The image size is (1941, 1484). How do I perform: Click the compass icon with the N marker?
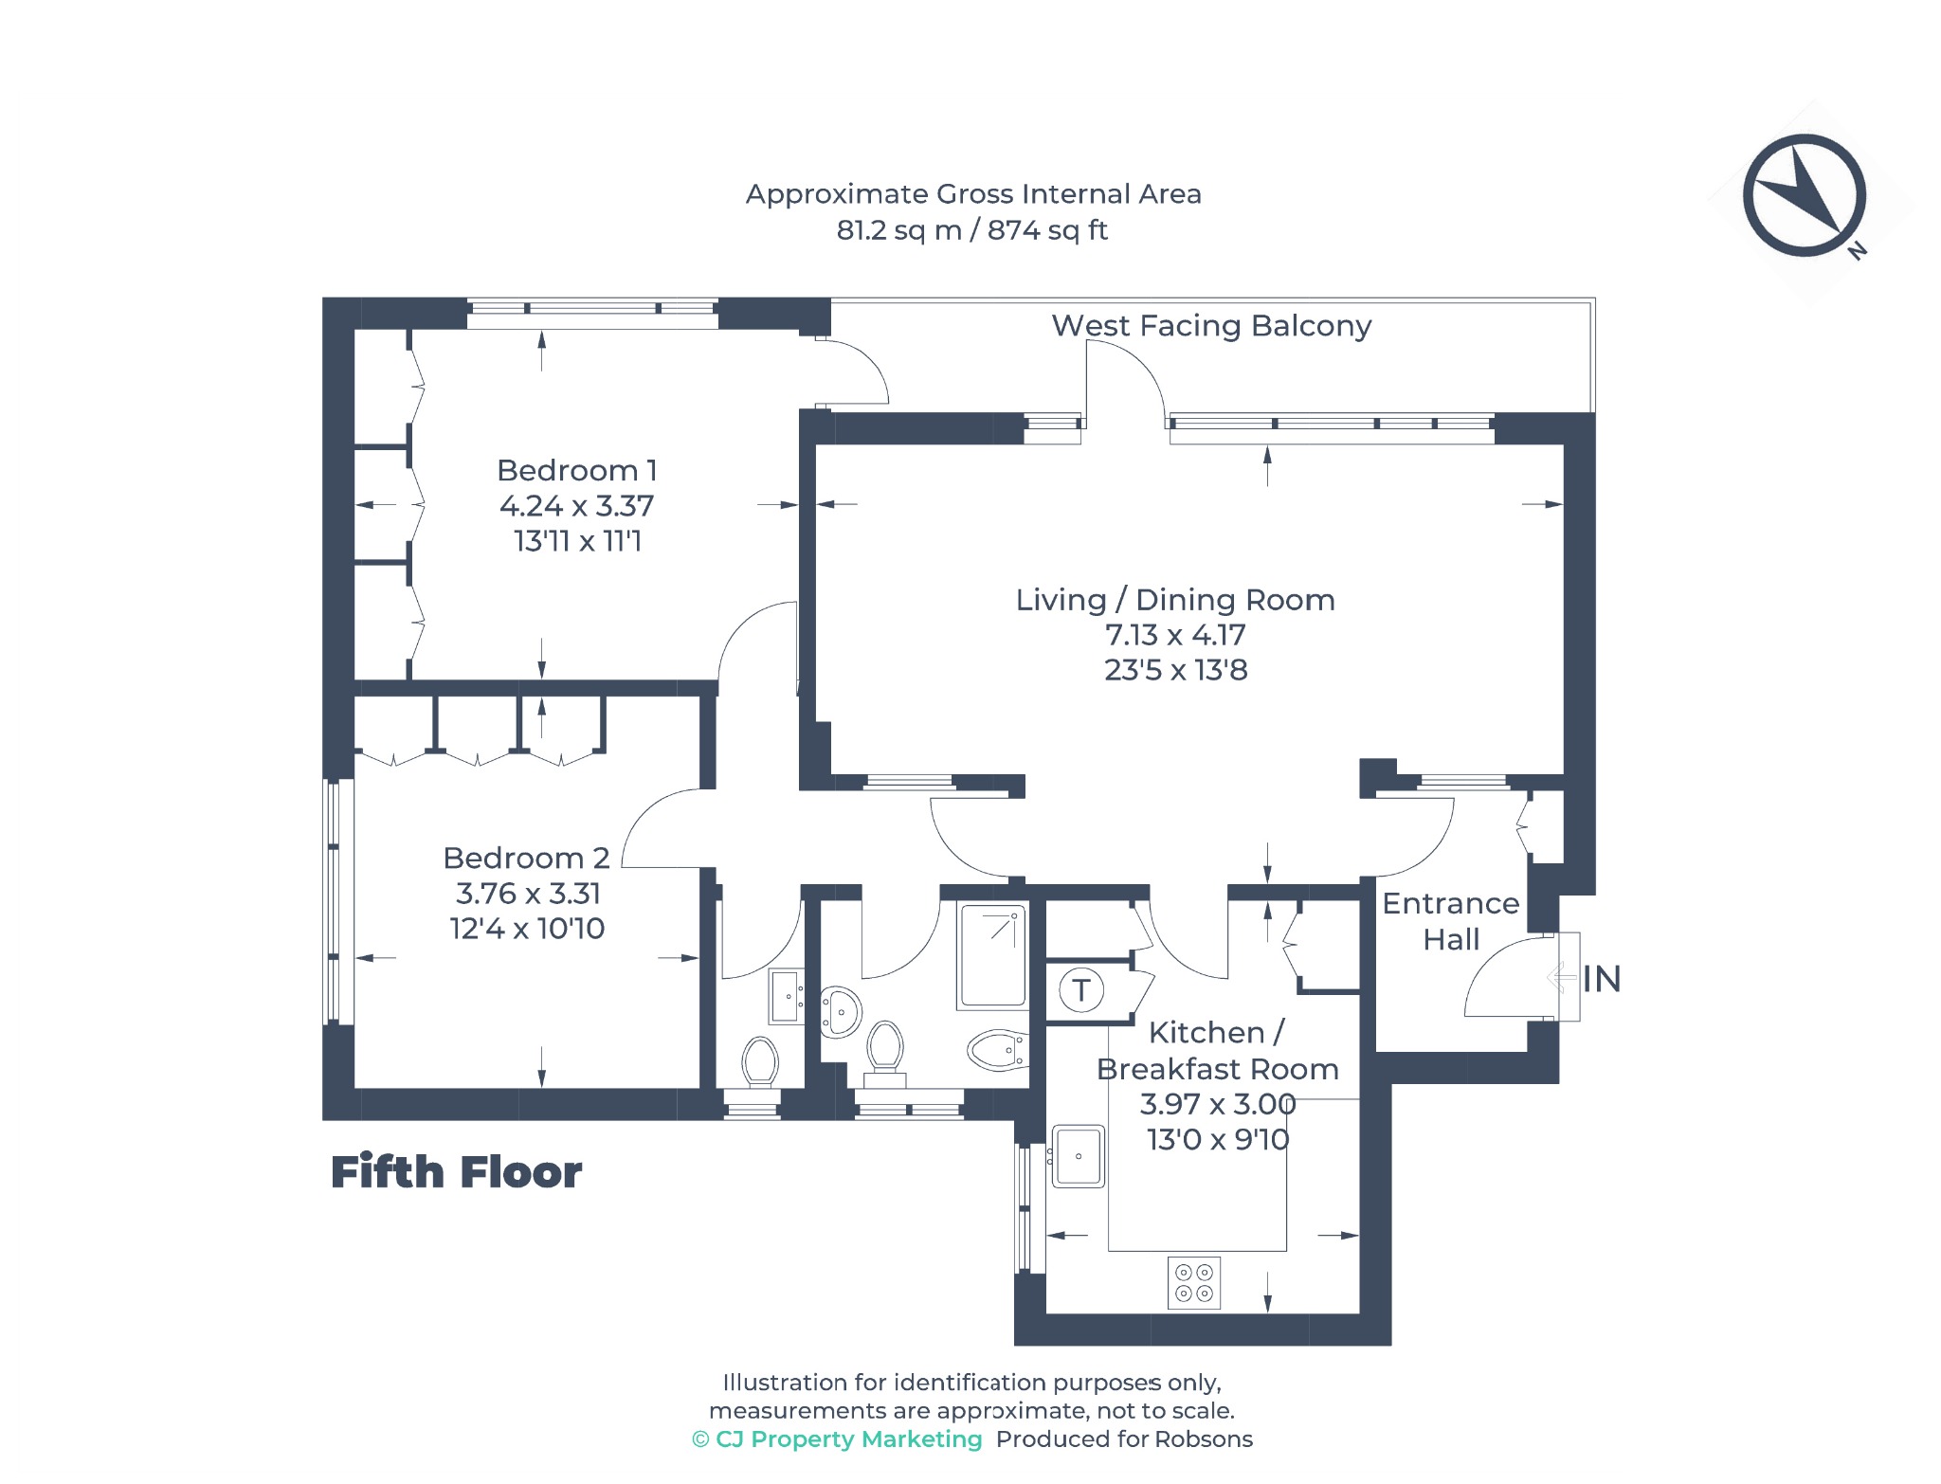click(1804, 196)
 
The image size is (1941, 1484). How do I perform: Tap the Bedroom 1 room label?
click(576, 470)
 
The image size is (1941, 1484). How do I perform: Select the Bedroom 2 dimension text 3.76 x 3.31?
click(528, 893)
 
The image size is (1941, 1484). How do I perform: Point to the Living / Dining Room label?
click(1175, 600)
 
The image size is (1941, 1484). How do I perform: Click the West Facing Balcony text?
click(1211, 326)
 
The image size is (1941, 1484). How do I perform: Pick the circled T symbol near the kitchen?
click(1080, 990)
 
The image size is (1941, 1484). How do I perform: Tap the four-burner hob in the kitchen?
click(1194, 1283)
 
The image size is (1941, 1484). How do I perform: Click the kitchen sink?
click(1079, 1156)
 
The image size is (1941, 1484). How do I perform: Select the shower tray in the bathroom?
click(992, 955)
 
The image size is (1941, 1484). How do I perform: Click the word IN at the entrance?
click(1602, 979)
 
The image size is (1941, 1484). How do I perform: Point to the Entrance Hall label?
click(1450, 921)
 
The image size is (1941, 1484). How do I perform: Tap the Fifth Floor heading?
click(456, 1172)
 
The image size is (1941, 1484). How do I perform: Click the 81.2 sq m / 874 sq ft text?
click(971, 230)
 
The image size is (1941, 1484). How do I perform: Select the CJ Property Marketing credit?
click(837, 1439)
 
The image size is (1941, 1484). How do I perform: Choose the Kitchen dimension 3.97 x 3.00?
click(1218, 1104)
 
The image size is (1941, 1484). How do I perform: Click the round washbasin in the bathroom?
click(840, 1011)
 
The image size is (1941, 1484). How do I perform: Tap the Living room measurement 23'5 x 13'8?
click(1175, 670)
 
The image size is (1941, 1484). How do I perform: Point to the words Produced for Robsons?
click(1124, 1439)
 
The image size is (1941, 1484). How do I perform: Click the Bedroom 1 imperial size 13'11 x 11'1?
click(577, 541)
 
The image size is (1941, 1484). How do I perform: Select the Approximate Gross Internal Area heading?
click(973, 194)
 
